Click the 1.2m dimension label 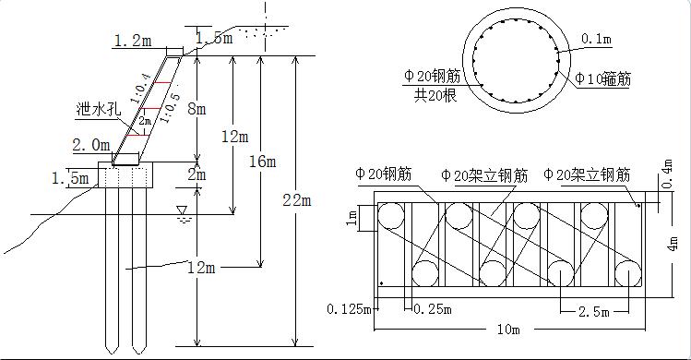tap(133, 41)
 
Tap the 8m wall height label tap(197, 109)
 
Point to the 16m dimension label tap(263, 162)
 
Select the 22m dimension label tap(297, 200)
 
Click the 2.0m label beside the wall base tap(90, 145)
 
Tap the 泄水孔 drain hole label tap(99, 109)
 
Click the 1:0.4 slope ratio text tap(140, 89)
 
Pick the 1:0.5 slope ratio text tap(169, 108)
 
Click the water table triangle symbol tap(182, 210)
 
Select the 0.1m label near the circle tap(596, 39)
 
